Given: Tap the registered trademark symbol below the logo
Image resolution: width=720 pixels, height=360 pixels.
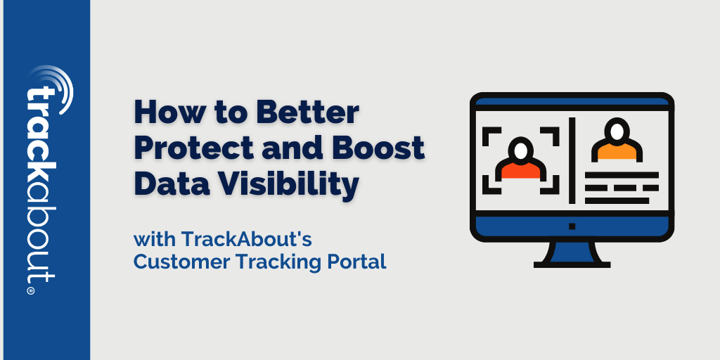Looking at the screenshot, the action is coord(31,290).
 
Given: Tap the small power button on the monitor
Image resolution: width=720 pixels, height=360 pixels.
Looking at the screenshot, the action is coord(572,226).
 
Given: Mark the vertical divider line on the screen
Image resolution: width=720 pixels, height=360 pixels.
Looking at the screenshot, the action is coord(572,160).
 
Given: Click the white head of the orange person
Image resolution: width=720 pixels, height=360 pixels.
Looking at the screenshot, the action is coord(617,132).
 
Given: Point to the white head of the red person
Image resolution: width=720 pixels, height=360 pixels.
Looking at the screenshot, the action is coord(521,151).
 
